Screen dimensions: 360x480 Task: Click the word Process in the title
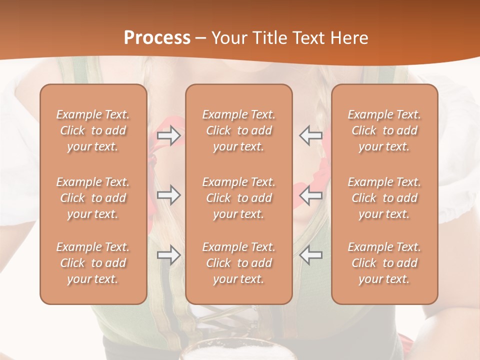tap(157, 38)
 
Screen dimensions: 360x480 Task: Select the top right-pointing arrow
tap(168, 136)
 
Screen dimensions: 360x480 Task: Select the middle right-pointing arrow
tap(168, 195)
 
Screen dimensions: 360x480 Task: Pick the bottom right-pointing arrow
tap(168, 255)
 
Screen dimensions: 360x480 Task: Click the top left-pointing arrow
tap(311, 136)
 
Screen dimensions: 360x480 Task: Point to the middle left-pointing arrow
tap(311, 195)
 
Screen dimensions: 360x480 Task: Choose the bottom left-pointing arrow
tap(311, 255)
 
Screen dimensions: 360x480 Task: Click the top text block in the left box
tap(93, 130)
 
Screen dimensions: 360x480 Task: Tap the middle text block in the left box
tap(93, 198)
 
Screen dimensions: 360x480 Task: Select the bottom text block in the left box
tap(93, 263)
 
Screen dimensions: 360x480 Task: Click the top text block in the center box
tap(239, 130)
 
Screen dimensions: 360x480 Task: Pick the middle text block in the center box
tap(239, 198)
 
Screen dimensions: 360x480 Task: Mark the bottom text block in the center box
tap(239, 263)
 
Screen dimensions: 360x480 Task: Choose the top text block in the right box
tap(384, 130)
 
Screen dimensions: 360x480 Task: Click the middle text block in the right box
tap(384, 198)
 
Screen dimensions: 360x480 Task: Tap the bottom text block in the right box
tap(384, 263)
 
